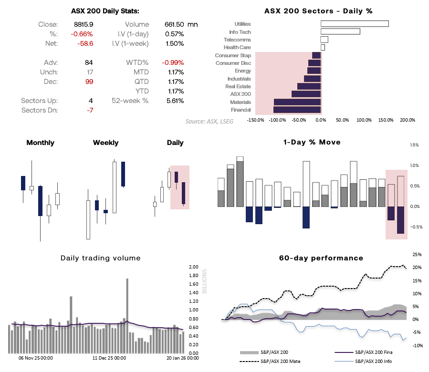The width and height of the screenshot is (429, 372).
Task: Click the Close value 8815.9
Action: [84, 24]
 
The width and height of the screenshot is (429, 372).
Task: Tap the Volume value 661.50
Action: [173, 24]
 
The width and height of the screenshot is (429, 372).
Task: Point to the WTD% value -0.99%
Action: [173, 62]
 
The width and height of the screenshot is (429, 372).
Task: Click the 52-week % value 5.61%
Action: [174, 101]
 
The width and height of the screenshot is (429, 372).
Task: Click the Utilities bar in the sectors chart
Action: [355, 24]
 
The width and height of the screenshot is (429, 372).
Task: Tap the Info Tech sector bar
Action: [340, 31]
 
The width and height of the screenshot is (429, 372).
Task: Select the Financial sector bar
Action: [297, 110]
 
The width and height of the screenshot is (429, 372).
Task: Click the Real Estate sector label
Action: [238, 86]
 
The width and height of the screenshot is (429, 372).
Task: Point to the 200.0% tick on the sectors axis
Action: [407, 120]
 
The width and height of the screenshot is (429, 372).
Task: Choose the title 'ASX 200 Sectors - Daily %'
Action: [318, 10]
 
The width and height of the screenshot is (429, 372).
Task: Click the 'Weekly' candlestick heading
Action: [105, 143]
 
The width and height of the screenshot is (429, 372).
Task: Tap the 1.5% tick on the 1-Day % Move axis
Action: [414, 145]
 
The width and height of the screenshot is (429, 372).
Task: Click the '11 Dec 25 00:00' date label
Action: [109, 357]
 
